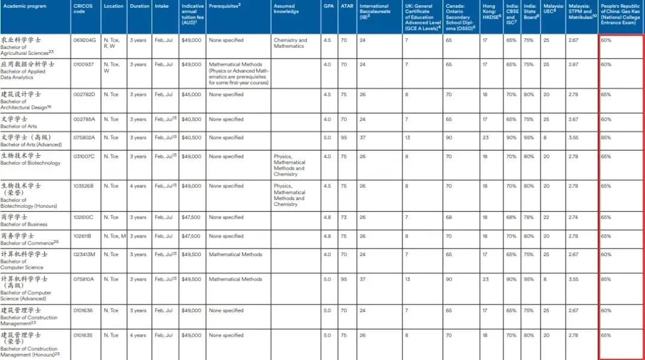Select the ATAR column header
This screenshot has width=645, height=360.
(x=346, y=6)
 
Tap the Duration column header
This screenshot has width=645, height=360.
(x=140, y=6)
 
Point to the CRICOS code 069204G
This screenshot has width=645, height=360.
(x=82, y=40)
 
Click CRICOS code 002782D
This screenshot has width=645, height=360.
(x=82, y=94)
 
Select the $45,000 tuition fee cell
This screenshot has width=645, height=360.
(x=191, y=94)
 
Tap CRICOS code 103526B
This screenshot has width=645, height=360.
(x=82, y=186)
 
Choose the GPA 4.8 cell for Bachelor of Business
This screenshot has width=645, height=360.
(x=327, y=217)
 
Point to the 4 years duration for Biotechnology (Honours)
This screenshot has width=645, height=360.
(x=138, y=186)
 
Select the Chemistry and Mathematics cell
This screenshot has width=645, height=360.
(x=290, y=43)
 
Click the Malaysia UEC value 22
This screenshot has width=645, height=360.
(x=546, y=217)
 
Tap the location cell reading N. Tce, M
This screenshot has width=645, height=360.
(x=115, y=236)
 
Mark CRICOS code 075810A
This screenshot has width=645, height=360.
(x=82, y=279)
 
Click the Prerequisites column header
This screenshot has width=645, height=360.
(x=225, y=5)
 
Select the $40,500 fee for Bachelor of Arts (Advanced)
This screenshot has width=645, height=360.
(x=191, y=137)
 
